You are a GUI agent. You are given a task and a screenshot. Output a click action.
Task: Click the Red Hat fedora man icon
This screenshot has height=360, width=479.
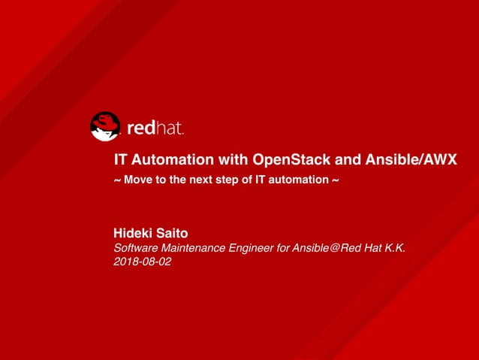[105, 126]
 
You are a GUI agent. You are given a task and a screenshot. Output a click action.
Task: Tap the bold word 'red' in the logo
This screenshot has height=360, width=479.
[140, 129]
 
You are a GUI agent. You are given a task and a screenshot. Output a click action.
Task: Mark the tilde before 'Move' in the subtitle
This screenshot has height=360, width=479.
[116, 180]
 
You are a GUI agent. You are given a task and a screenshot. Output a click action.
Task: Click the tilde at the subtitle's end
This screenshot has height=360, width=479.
[335, 180]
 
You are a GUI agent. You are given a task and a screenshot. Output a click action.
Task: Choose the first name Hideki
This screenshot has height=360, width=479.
[133, 234]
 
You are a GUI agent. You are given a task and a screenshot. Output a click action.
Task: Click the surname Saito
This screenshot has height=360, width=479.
[173, 234]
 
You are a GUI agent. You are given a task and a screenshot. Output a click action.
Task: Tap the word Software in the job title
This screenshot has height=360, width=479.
[136, 249]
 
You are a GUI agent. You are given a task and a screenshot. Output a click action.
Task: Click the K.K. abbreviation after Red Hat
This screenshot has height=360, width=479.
[394, 249]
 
